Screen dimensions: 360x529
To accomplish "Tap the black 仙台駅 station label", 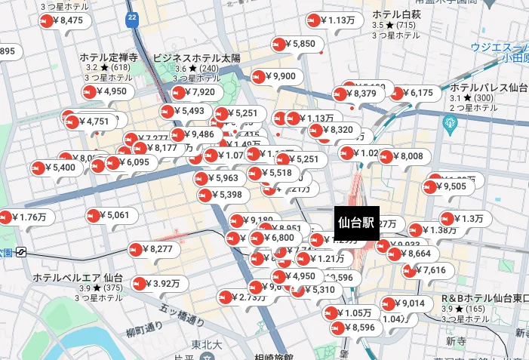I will (x=357, y=223).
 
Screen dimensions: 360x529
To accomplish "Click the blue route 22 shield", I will (x=133, y=17).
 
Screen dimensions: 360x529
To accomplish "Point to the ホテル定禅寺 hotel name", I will (x=109, y=57).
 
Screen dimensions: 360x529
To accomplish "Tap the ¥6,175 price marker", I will (x=414, y=93).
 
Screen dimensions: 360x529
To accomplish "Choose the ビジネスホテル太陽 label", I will (x=196, y=57).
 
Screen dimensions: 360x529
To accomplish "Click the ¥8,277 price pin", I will (x=155, y=248).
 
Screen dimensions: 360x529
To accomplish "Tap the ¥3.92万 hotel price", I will (x=158, y=284).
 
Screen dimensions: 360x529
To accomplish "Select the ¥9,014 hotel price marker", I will (x=407, y=303).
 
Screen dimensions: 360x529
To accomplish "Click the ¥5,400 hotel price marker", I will (x=57, y=167).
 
